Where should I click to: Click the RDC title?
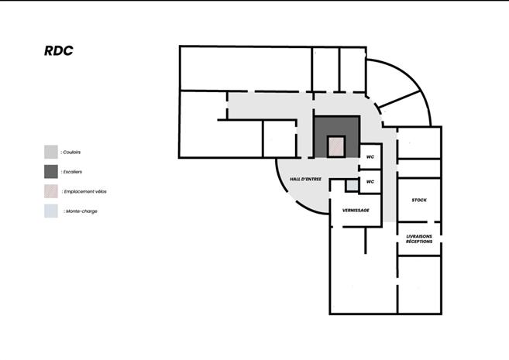59,51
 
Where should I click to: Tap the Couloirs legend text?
72,153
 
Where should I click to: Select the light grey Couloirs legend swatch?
50,152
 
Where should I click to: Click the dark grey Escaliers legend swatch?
50,171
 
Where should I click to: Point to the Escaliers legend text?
73,171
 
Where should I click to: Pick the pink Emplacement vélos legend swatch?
50,190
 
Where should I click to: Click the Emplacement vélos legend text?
82,190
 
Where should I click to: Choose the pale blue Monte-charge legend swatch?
50,211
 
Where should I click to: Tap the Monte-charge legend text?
81,211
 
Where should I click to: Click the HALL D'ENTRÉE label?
305,180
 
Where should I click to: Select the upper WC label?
370,156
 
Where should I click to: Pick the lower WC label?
370,182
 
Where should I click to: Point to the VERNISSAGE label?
356,211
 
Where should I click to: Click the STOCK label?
419,201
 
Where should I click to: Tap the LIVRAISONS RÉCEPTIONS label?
419,239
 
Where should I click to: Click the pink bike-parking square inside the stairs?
335,147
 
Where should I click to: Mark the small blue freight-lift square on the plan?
352,186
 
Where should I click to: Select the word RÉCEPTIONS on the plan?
419,242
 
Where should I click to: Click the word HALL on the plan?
296,180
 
